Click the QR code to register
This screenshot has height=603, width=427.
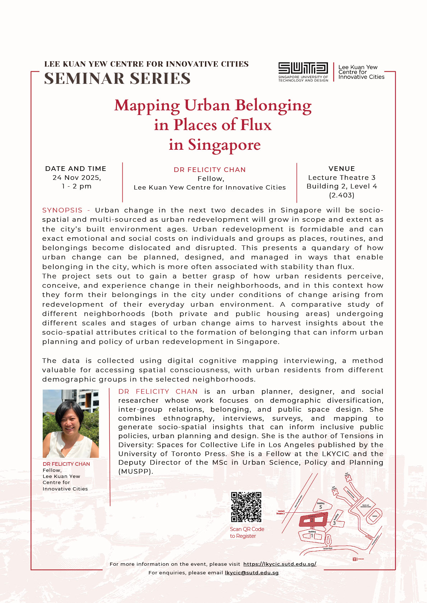pos(246,507)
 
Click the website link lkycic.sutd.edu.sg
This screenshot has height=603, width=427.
pos(280,564)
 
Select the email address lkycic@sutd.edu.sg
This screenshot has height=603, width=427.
pos(252,573)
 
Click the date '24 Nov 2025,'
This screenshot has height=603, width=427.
pos(77,178)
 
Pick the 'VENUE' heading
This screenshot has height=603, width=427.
pos(342,169)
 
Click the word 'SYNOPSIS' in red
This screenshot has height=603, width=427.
pos(62,210)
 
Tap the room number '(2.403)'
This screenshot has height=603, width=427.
pos(342,195)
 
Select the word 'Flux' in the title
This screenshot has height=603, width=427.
pos(256,125)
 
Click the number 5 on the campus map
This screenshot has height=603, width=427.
pos(320,507)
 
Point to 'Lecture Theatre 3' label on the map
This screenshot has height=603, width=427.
pos(281,512)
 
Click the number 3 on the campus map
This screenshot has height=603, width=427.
pos(334,523)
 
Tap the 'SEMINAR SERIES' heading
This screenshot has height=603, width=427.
pos(117,78)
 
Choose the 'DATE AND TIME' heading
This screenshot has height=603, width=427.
pos(76,169)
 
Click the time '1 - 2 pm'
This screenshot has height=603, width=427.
pos(77,186)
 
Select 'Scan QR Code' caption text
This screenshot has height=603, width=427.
pos(247,529)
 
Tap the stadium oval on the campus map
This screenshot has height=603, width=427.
pos(375,516)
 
